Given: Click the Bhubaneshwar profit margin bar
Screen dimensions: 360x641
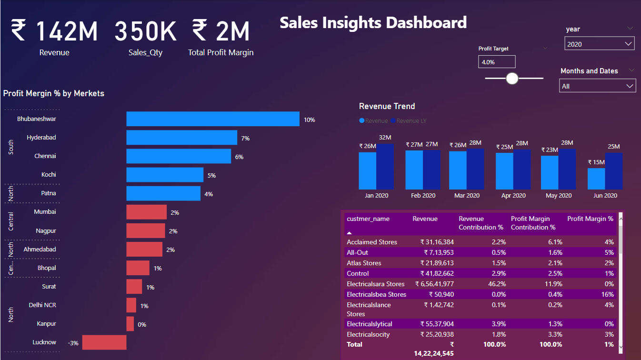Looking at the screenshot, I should click(x=212, y=119).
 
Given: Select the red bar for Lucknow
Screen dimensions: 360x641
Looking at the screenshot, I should click(x=104, y=342).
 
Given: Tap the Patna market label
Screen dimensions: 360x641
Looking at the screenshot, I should click(x=48, y=193).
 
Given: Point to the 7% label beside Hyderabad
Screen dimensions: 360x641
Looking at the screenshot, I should click(x=245, y=138).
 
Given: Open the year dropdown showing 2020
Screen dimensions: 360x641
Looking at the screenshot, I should click(x=599, y=44).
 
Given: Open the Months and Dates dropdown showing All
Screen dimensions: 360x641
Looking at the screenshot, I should click(x=597, y=86).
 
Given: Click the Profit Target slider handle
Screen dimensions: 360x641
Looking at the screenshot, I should click(x=512, y=78).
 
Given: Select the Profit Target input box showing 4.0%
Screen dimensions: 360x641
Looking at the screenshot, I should click(x=496, y=62).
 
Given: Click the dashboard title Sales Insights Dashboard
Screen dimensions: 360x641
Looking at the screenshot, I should click(x=373, y=22).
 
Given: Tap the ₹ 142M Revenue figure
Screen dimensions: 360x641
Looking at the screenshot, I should click(x=54, y=31).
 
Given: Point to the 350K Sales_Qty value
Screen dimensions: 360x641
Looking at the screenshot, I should click(x=145, y=31).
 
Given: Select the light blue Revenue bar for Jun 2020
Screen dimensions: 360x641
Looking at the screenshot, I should click(x=596, y=179).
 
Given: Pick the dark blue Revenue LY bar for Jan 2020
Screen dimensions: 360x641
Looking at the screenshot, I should click(x=385, y=166).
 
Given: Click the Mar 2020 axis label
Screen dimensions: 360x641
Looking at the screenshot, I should click(x=467, y=196).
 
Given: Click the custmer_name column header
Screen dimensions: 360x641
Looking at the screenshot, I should click(x=368, y=219).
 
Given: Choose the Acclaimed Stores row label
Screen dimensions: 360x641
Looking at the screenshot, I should click(x=371, y=242).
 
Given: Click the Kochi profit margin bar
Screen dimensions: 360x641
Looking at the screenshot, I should click(x=164, y=175).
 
